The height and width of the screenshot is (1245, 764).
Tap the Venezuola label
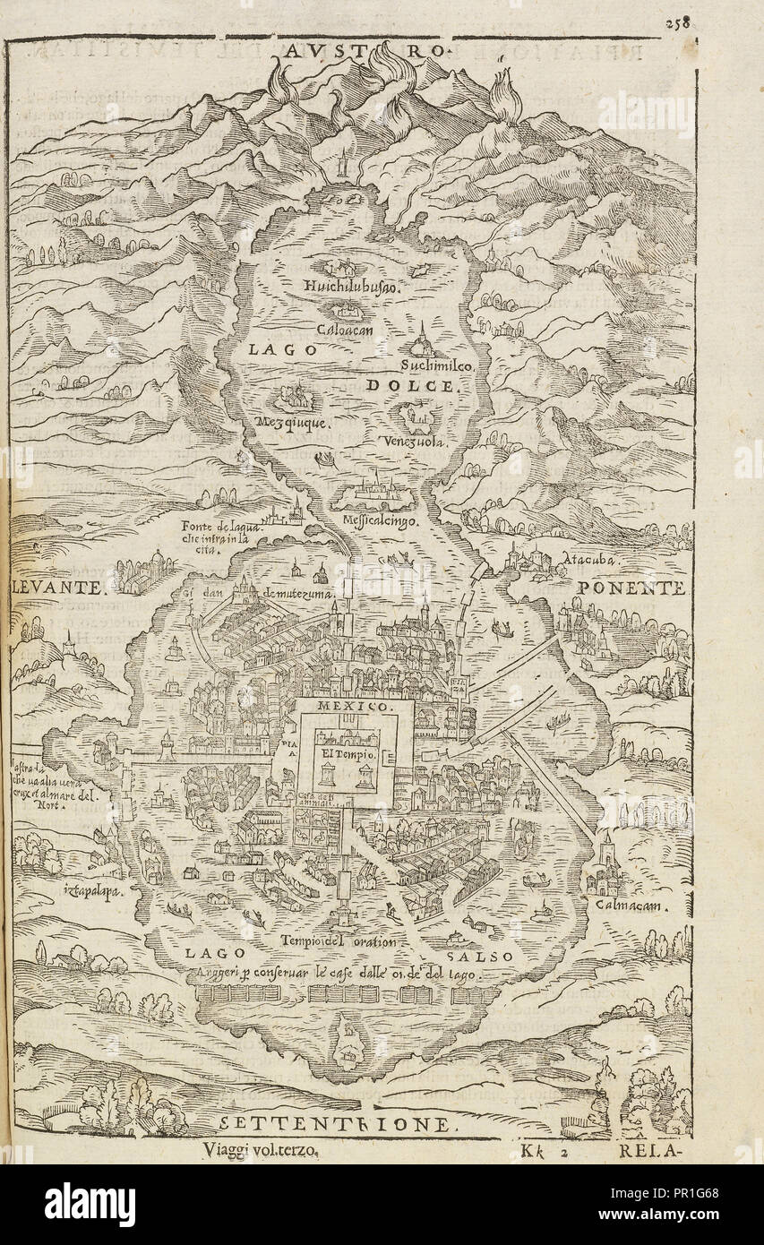[x=413, y=442]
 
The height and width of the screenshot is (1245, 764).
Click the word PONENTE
[x=631, y=588]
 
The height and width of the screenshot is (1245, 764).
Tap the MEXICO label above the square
[x=356, y=707]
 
